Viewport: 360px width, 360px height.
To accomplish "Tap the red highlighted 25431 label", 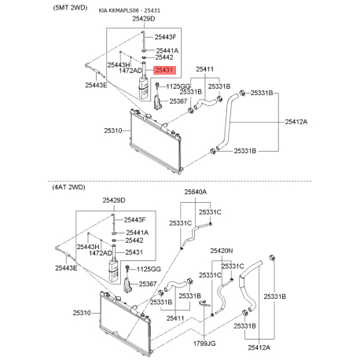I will point(166,71).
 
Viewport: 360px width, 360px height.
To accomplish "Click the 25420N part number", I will point(222,251).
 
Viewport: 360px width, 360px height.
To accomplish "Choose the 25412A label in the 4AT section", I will point(259,347).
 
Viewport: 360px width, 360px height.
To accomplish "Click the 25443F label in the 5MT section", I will point(166,37).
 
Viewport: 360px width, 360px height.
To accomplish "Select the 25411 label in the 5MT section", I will point(205,69).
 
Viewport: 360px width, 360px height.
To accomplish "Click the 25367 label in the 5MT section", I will point(178,101).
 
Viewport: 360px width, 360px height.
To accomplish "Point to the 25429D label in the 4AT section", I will point(114,201).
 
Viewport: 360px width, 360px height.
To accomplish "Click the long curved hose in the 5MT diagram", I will point(226,122).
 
